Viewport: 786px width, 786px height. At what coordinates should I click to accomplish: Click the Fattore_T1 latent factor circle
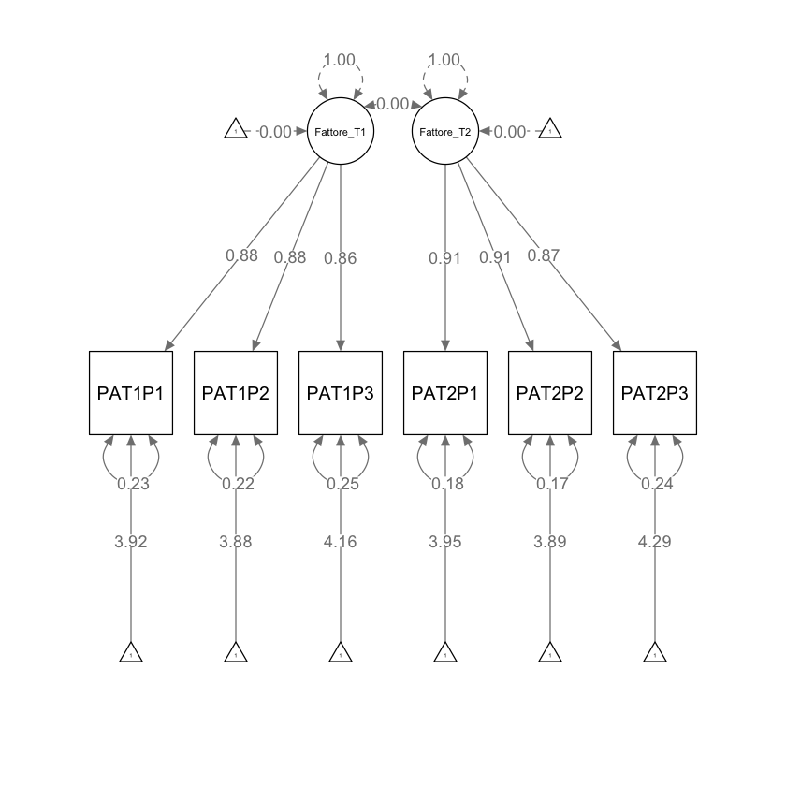[x=341, y=131]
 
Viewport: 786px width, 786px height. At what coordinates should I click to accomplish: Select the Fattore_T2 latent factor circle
[x=445, y=131]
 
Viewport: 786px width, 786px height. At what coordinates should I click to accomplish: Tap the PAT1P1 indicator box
[x=131, y=393]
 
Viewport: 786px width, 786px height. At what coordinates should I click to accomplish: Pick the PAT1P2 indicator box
[x=236, y=393]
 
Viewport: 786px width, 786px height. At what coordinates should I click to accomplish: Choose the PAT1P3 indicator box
[x=341, y=393]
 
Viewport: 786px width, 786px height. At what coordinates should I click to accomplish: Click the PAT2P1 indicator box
[x=445, y=393]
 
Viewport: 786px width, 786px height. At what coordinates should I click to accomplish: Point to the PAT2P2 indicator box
[x=550, y=393]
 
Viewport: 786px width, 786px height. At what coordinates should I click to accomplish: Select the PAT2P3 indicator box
[x=655, y=393]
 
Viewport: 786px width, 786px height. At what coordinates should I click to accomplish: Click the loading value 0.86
[x=341, y=259]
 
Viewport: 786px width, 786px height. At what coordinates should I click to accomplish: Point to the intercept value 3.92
[x=131, y=541]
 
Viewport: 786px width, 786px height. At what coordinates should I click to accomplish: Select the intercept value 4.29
[x=655, y=541]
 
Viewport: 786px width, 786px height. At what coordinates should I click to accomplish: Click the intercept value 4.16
[x=341, y=541]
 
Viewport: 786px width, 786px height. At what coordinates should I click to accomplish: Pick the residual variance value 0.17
[x=550, y=484]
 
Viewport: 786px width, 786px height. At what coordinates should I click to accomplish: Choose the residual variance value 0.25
[x=341, y=484]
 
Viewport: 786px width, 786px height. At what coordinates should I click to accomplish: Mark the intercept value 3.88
[x=236, y=541]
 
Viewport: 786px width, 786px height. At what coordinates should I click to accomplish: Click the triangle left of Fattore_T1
[x=236, y=130]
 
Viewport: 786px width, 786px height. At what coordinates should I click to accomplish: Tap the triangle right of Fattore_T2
[x=550, y=130]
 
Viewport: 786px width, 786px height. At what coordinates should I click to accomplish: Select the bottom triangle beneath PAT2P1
[x=445, y=653]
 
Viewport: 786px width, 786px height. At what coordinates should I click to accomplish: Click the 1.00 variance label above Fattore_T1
[x=340, y=60]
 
